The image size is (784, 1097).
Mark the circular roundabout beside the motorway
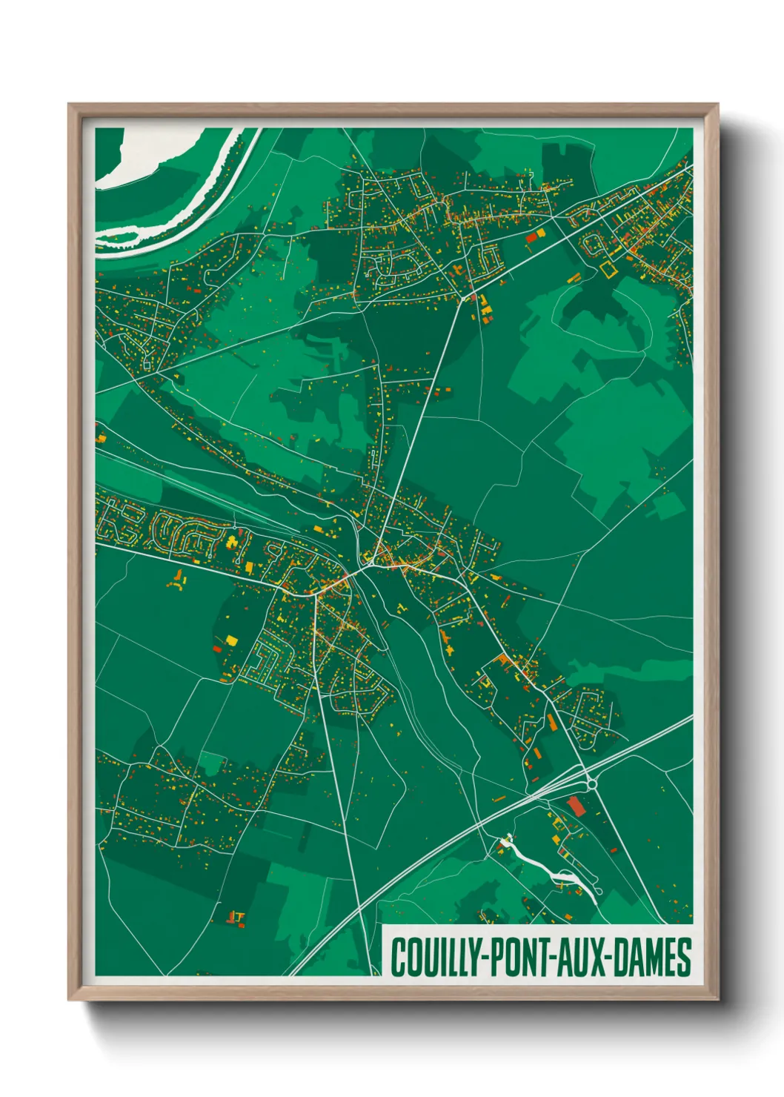click(592, 783)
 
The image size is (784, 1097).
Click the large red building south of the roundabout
click(577, 806)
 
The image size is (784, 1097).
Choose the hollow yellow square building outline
click(608, 270)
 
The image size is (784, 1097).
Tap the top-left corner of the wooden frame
click(69, 105)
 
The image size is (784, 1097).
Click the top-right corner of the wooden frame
click(718, 105)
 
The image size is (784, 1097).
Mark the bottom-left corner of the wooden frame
click(69, 999)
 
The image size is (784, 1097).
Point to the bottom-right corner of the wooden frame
click(718, 999)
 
